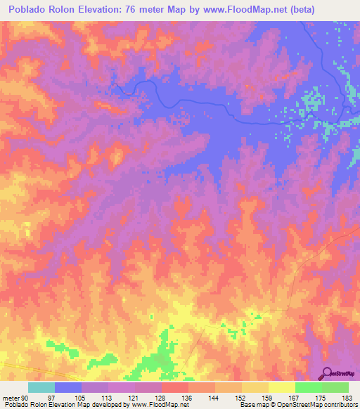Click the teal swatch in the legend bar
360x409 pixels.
[41, 387]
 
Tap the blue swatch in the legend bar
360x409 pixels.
[68, 387]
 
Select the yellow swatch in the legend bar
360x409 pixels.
[281, 387]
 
